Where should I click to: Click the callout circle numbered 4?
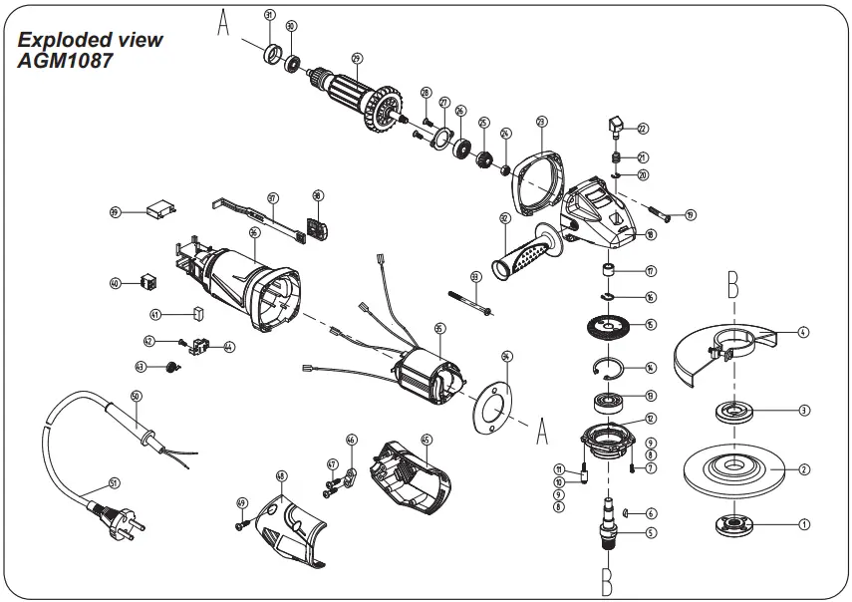click(x=803, y=331)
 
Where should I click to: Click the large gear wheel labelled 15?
click(x=606, y=325)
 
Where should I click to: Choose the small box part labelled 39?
click(x=159, y=211)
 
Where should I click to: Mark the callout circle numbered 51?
click(x=114, y=483)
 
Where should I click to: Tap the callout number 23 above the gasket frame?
click(x=541, y=122)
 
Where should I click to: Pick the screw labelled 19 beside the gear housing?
click(x=663, y=212)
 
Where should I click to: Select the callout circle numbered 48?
click(x=282, y=475)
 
